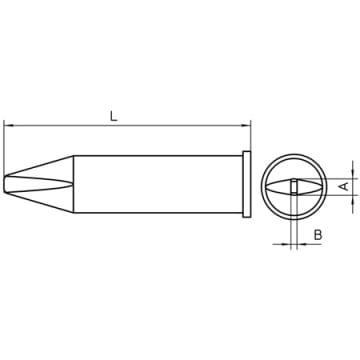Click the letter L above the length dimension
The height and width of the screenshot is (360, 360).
tap(114, 116)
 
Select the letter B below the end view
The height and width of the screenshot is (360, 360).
tap(318, 235)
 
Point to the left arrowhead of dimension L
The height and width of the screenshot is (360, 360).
tap(8, 126)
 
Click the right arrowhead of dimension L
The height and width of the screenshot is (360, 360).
tap(246, 126)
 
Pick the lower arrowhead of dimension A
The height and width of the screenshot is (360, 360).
tap(353, 199)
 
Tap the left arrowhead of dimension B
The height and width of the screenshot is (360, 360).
tap(286, 244)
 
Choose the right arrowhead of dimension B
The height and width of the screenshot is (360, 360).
tap(301, 244)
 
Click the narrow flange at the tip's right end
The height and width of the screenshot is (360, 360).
tap(247, 184)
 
